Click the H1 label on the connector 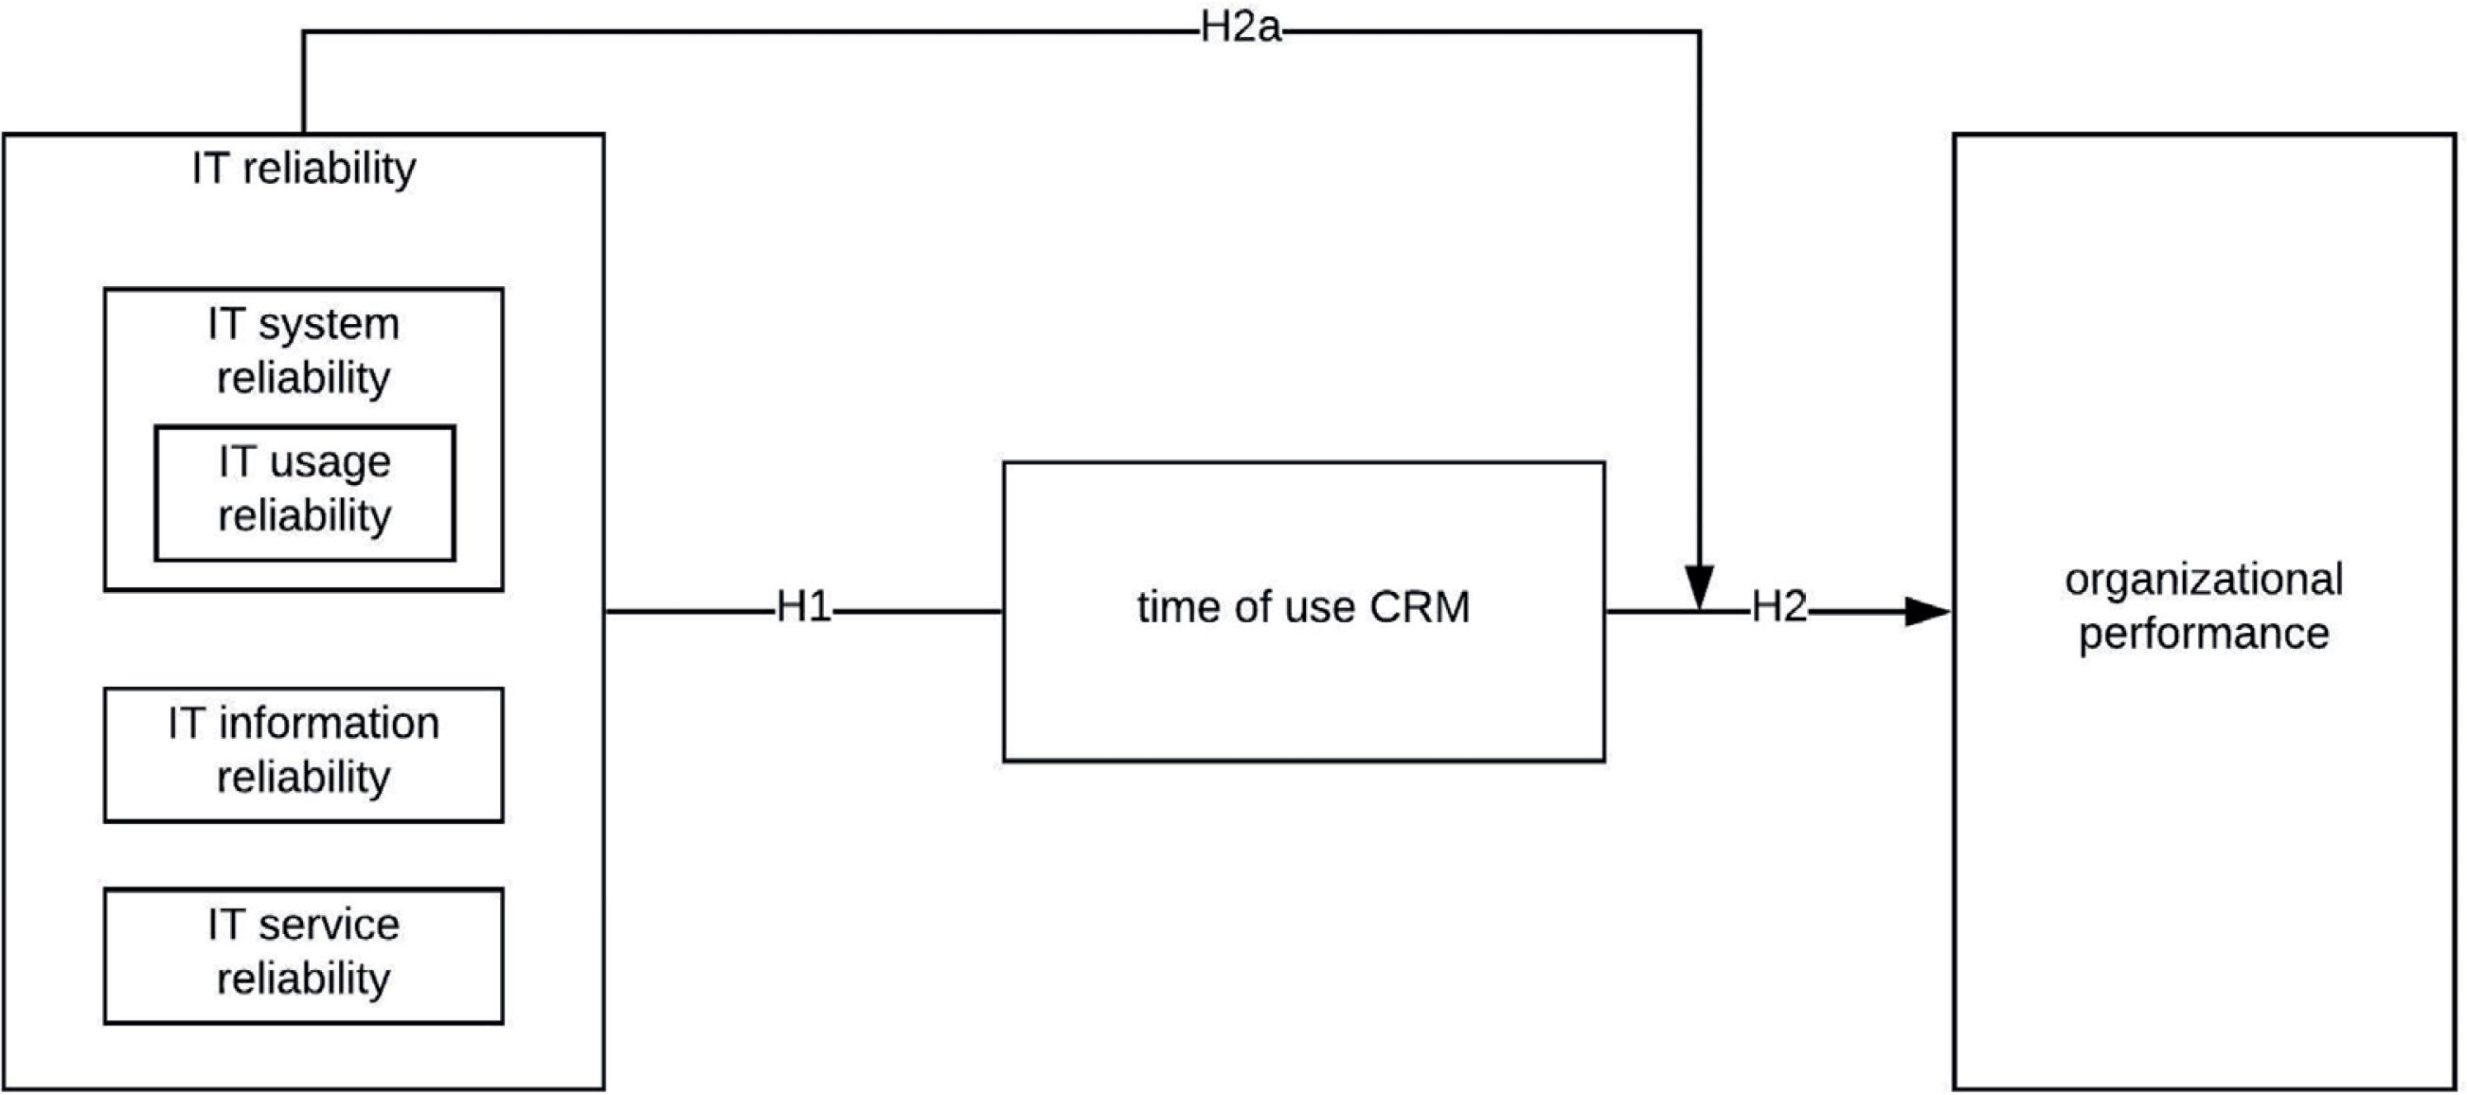tap(803, 607)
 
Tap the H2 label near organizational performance tap(1779, 607)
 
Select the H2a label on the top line tap(1241, 27)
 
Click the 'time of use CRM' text tap(1303, 607)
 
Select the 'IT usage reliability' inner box tap(305, 493)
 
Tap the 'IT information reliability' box tap(304, 754)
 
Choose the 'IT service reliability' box tap(304, 955)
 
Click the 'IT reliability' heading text tap(304, 169)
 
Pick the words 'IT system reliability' tap(304, 350)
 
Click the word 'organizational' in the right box tap(2204, 581)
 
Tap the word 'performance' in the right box tap(2204, 635)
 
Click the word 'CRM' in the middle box tap(1420, 607)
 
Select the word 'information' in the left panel tap(329, 724)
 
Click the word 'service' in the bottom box tap(329, 925)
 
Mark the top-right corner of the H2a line tap(1699, 32)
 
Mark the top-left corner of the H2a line tap(304, 32)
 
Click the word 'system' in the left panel tap(329, 326)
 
